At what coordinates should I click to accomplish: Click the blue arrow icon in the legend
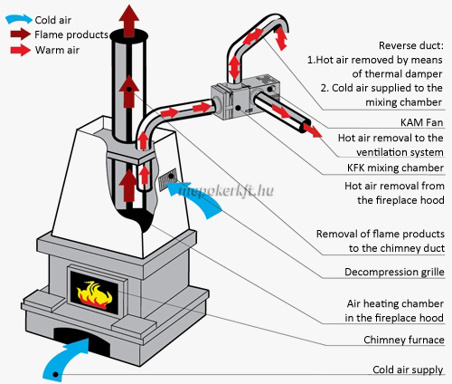(x=19, y=19)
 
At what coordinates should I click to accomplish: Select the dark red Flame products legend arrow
(x=20, y=34)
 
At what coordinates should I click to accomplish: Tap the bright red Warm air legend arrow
(x=20, y=50)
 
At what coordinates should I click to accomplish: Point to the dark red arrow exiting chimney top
(x=129, y=21)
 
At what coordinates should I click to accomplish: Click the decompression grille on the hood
(x=168, y=179)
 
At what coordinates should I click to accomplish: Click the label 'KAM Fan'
(x=421, y=122)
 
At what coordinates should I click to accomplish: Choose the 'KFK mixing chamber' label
(x=395, y=168)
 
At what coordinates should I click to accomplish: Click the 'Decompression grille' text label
(x=394, y=272)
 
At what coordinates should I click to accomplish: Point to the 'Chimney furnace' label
(x=404, y=340)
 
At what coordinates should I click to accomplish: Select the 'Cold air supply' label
(x=408, y=370)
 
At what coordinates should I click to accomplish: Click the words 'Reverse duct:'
(x=411, y=45)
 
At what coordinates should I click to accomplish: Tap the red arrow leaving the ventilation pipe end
(x=313, y=130)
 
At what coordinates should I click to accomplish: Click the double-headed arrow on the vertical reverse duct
(x=234, y=68)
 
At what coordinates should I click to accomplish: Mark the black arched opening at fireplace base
(x=81, y=339)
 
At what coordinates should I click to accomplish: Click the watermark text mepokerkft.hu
(x=227, y=190)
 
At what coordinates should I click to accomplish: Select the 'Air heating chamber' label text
(x=395, y=303)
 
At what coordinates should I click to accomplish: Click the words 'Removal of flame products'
(x=381, y=234)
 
